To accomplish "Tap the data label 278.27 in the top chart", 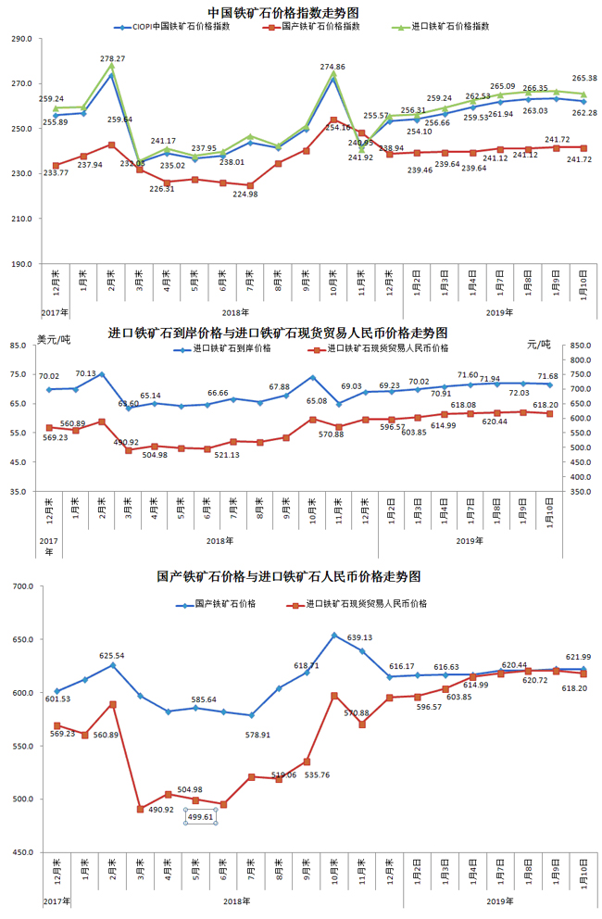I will [x=113, y=58].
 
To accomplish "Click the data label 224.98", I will [x=245, y=194].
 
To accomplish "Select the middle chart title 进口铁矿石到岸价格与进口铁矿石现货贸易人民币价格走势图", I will [x=279, y=332].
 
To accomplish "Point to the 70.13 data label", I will [x=85, y=373].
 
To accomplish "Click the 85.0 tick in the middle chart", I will [x=19, y=346].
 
